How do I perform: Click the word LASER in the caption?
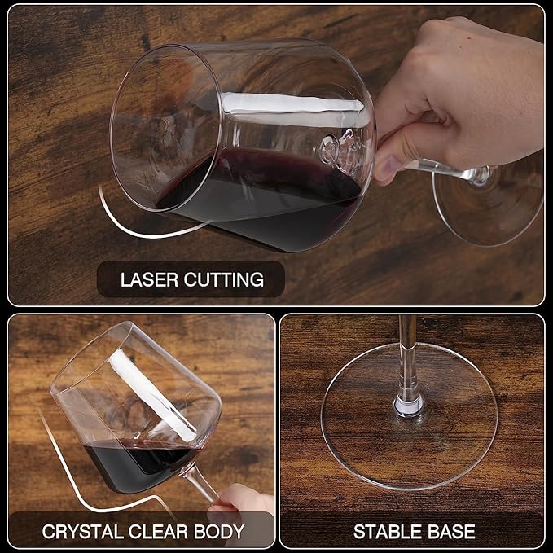[150, 279]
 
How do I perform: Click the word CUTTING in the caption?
[224, 279]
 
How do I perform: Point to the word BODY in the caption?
[219, 532]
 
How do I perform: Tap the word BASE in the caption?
[451, 532]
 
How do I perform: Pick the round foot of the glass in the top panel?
[489, 203]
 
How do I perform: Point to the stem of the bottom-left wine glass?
[201, 481]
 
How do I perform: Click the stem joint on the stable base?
[409, 406]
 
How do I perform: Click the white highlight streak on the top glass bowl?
[292, 103]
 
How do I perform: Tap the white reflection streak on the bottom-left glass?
[151, 397]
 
